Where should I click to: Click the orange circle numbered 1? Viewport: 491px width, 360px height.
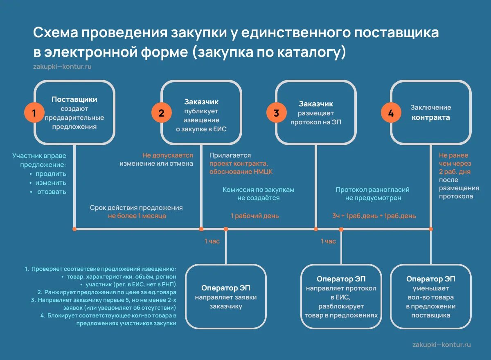pos(34,113)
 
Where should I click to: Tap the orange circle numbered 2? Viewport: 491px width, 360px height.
pos(161,113)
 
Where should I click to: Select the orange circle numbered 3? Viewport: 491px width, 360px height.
pos(276,113)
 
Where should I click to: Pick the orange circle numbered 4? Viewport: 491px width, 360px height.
pos(391,113)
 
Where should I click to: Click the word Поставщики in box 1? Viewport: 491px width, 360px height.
pos(74,99)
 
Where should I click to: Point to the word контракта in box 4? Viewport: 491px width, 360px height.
pos(431,117)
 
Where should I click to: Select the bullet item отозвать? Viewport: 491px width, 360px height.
pos(52,191)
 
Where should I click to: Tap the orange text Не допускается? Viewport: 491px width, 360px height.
pos(167,155)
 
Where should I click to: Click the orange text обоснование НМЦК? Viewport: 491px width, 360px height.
pos(241,172)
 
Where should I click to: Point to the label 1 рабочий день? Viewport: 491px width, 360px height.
pos(255,216)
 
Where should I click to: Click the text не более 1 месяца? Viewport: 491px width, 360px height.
pos(137,216)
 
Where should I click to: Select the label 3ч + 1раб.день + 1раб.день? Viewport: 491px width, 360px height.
pos(374,216)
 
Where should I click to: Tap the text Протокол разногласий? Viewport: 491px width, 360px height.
pos(372,190)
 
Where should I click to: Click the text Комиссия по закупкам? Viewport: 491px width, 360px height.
pos(258,190)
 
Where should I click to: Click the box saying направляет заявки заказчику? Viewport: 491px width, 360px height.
pos(226,297)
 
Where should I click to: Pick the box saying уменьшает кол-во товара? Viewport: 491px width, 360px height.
pos(430,297)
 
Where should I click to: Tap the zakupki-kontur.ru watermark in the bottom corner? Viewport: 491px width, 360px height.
pos(442,344)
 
